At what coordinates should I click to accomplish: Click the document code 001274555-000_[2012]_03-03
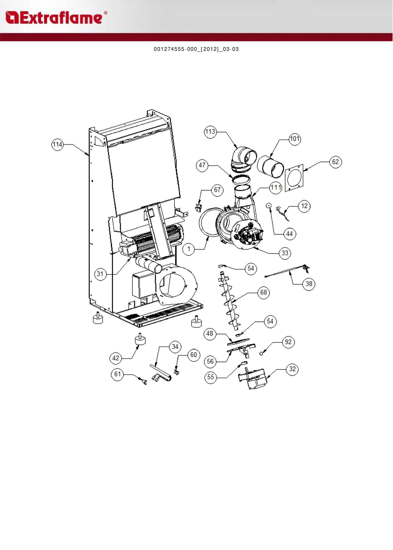[196, 49]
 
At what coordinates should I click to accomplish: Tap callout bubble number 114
[57, 145]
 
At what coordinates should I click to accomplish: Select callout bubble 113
[210, 132]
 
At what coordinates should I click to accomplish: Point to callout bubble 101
[295, 139]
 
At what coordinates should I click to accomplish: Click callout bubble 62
[335, 162]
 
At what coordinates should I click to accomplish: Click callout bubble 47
[202, 165]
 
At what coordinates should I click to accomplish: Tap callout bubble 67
[217, 190]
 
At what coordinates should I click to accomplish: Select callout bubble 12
[304, 206]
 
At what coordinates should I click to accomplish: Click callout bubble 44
[290, 234]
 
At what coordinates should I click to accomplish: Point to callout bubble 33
[285, 253]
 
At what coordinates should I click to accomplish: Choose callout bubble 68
[263, 293]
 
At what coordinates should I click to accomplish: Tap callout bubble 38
[309, 284]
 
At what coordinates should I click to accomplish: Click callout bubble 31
[100, 274]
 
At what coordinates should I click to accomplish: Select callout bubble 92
[288, 342]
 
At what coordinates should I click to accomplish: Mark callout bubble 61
[117, 374]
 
